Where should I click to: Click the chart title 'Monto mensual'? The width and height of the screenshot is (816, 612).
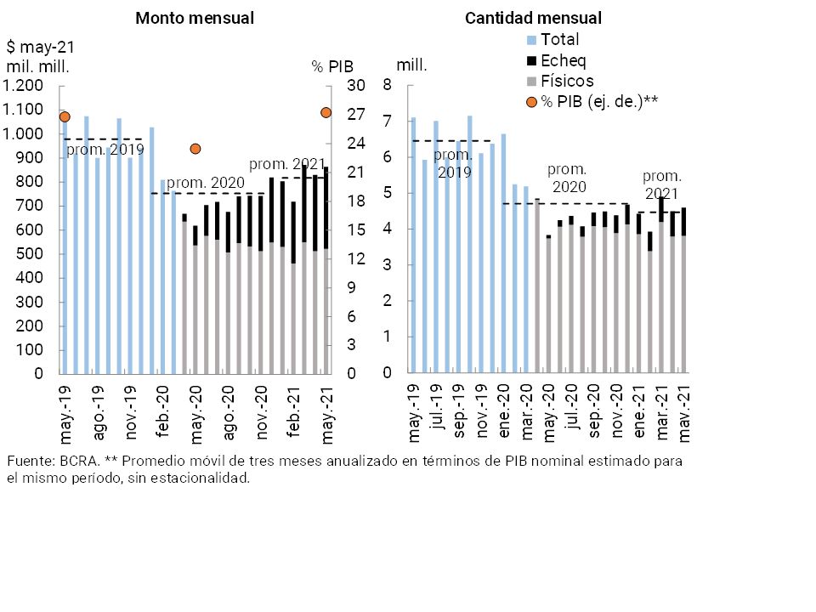pos(195,18)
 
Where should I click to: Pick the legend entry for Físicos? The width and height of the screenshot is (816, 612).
pos(566,81)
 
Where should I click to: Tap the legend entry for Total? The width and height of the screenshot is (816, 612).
pos(559,39)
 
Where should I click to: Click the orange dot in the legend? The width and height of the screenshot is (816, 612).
pos(532,102)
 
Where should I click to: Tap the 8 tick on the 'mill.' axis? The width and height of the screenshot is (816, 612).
pos(387,85)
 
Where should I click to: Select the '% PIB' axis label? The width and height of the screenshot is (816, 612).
pos(331,66)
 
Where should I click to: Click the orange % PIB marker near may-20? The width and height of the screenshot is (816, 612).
pos(195,149)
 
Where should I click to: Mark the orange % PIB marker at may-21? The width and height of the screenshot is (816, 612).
pos(326,112)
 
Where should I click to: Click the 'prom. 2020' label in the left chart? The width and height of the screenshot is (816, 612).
pos(205,183)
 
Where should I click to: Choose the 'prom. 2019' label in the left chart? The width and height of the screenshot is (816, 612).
pos(105,151)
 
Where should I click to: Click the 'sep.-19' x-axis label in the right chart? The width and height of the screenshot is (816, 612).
pos(459,413)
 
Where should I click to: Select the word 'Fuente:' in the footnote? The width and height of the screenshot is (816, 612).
pos(28,461)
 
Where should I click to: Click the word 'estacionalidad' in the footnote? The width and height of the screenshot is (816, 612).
pos(206,478)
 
